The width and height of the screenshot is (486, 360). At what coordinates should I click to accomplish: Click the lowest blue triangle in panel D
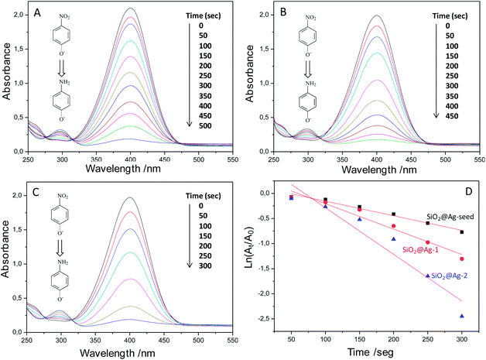(x=463, y=316)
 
